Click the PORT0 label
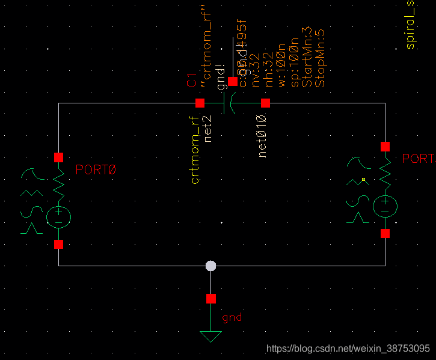(x=95, y=170)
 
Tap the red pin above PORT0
(x=59, y=157)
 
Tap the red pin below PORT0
(x=59, y=245)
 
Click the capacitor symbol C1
(x=228, y=103)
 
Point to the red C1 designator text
(x=192, y=82)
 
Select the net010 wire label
(x=263, y=136)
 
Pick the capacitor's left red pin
(x=200, y=103)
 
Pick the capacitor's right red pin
(x=265, y=103)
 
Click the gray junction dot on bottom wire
(x=210, y=266)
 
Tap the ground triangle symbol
(x=210, y=337)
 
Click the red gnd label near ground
(x=232, y=317)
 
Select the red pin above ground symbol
(x=210, y=299)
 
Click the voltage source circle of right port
(x=385, y=207)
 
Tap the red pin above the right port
(x=385, y=147)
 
